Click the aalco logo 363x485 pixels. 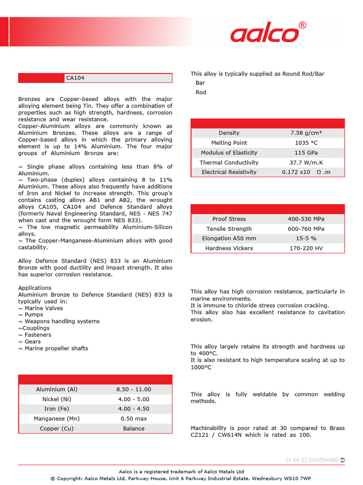click(265, 35)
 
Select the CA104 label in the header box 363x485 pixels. click(75, 78)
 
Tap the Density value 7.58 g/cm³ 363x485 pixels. click(306, 133)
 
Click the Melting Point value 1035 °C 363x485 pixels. click(306, 143)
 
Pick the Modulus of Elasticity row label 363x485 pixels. click(229, 153)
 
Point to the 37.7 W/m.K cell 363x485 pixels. click(306, 163)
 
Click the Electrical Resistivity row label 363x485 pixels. click(229, 172)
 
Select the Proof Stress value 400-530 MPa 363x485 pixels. click(306, 219)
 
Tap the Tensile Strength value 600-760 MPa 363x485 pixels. click(306, 229)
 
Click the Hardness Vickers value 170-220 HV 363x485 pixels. click(306, 249)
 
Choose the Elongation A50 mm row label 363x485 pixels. click(229, 239)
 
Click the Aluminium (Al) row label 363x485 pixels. click(57, 389)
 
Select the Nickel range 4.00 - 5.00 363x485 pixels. click(134, 399)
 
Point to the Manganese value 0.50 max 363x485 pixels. click(134, 419)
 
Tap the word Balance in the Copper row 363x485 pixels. click(134, 429)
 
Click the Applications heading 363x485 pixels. click(35, 288)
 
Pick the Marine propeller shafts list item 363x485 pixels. click(53, 349)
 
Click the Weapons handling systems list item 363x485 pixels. click(59, 322)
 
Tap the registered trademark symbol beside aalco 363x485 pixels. click(302, 25)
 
